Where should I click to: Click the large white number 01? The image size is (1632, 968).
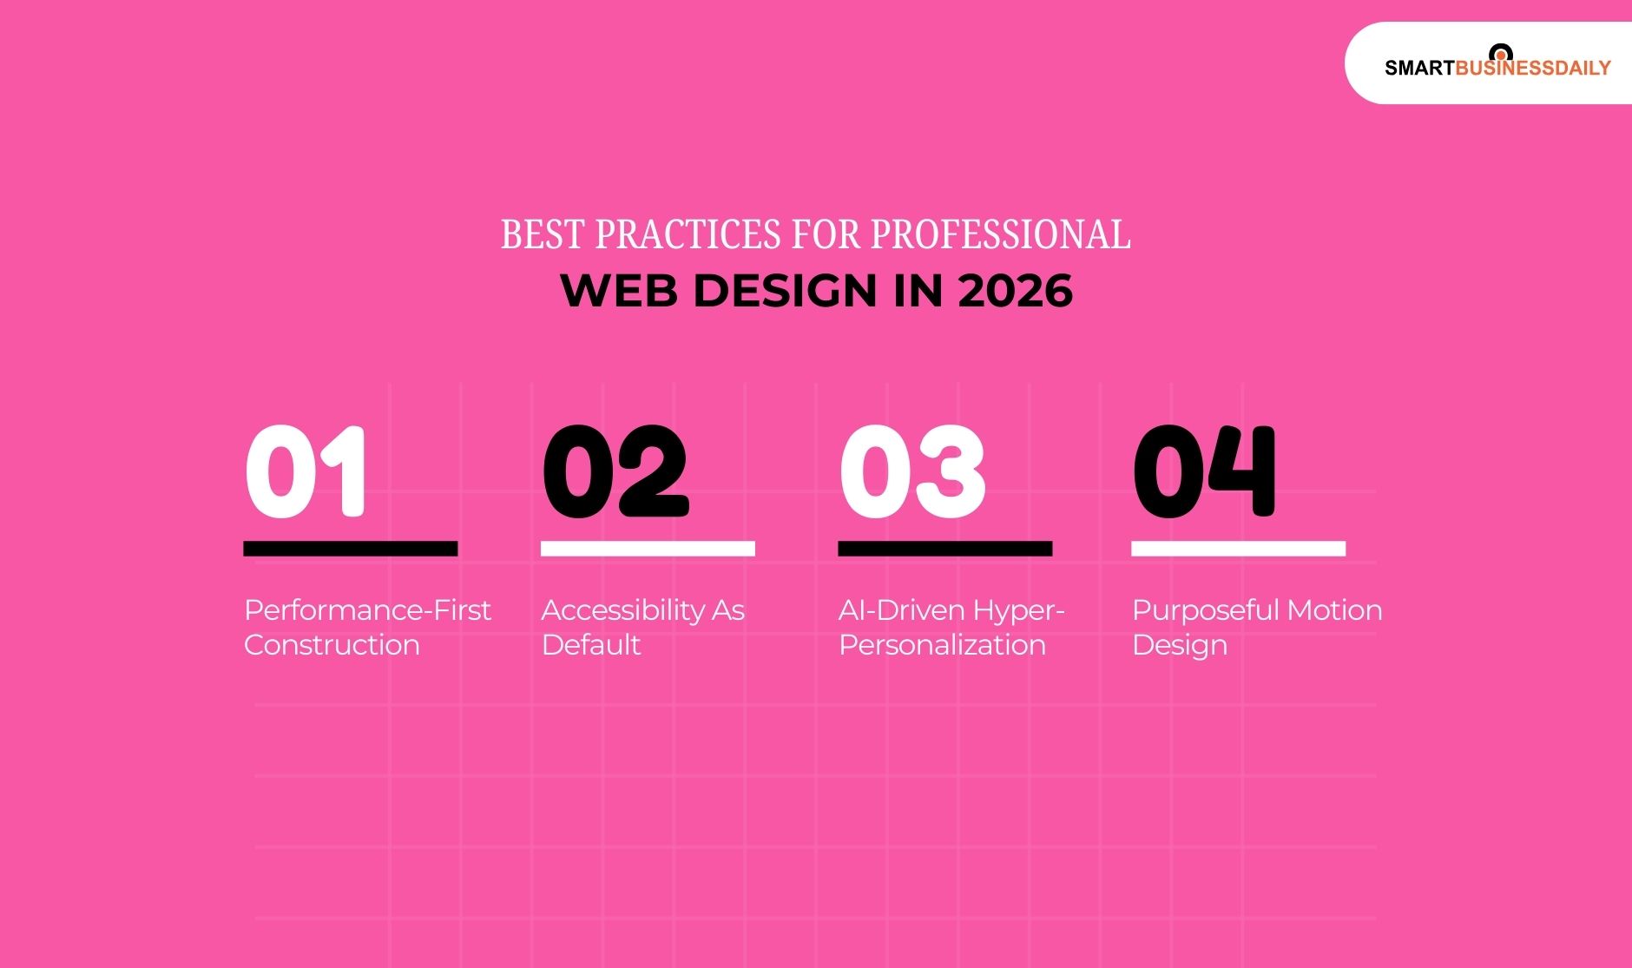coord(306,471)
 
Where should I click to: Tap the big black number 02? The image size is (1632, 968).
coord(615,471)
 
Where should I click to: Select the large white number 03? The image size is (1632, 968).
coord(911,471)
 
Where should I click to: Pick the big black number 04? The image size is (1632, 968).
coord(1204,471)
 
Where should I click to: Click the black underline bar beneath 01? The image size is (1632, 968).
coord(350,549)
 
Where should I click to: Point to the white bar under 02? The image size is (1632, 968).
coord(648,549)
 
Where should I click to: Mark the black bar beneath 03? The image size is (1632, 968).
coord(944,549)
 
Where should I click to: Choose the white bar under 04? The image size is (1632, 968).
coord(1238,549)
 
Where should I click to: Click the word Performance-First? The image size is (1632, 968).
coord(367,610)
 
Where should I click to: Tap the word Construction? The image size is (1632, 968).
coord(332,645)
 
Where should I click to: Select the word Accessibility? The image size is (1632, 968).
coord(623,610)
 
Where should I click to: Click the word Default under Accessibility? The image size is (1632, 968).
coord(590,645)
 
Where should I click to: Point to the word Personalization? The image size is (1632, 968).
coord(942,645)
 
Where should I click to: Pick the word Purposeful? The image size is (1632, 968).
coord(1205,610)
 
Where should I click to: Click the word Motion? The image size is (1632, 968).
coord(1334,610)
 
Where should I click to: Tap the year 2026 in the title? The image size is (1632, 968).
coord(1015,290)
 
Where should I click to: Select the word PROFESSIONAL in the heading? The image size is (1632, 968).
coord(1000,234)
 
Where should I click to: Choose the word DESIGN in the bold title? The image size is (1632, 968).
coord(786,290)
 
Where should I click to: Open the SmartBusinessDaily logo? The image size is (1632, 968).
coord(1497,65)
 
